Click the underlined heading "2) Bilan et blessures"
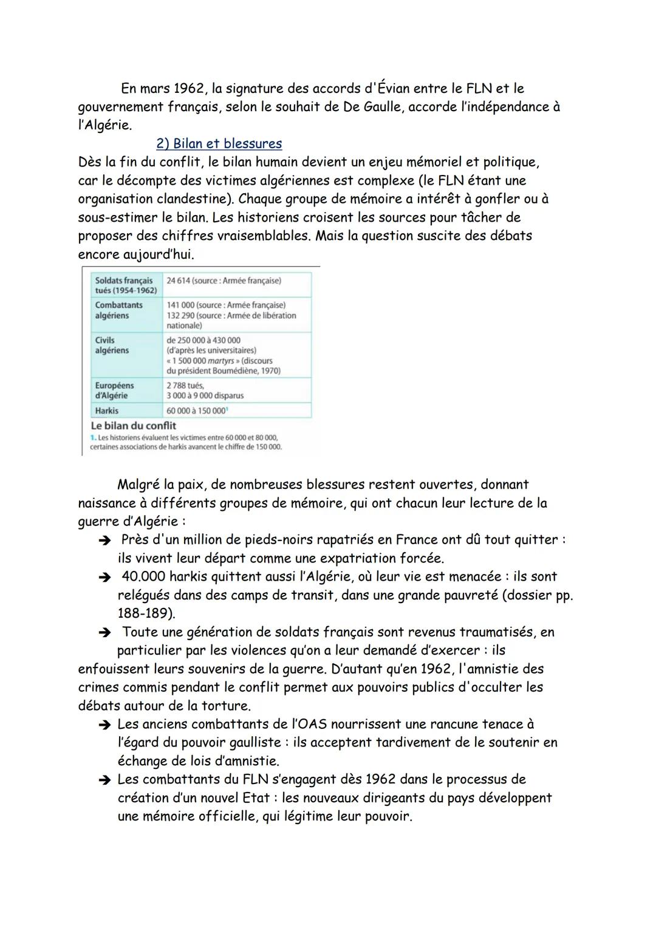[219, 144]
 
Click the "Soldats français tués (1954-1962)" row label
[126, 285]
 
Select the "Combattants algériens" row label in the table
[119, 310]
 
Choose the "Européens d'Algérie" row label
[114, 391]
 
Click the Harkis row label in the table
[107, 411]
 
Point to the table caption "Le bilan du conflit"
[133, 426]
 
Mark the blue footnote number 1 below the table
[92, 437]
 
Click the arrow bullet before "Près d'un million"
[104, 541]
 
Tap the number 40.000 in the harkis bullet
[143, 577]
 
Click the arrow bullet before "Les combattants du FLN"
[104, 780]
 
